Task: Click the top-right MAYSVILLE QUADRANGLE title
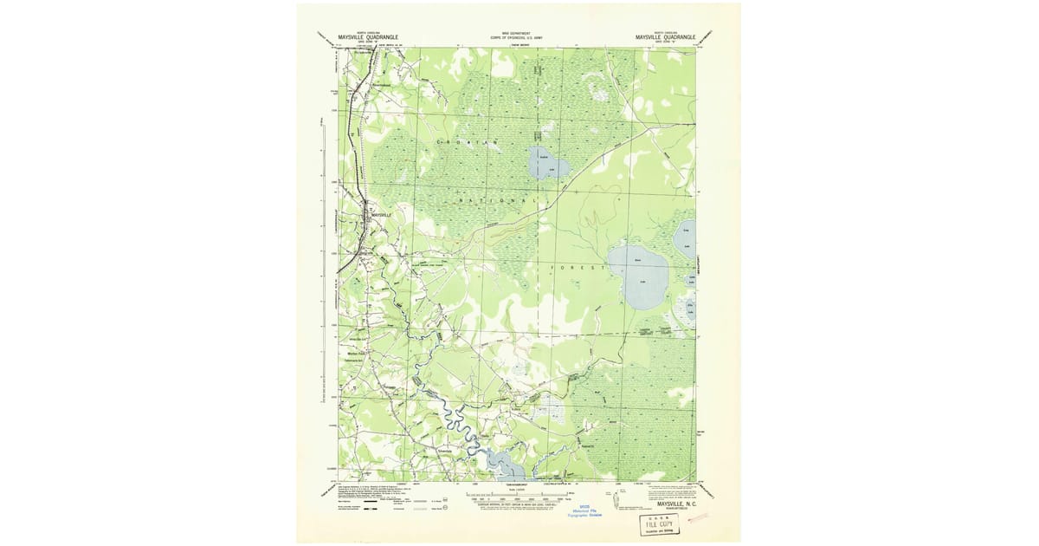coord(665,37)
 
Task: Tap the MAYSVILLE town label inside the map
coord(381,214)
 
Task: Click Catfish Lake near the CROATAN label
coord(547,164)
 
